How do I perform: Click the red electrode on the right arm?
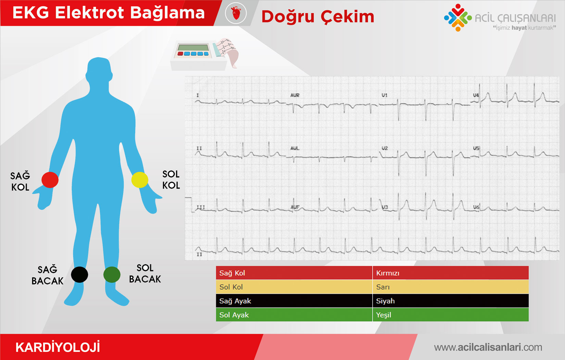tap(50, 180)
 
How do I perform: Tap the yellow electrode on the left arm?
tap(140, 180)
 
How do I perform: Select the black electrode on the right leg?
tap(79, 274)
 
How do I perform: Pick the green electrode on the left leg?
tap(112, 274)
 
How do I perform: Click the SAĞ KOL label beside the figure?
tap(20, 182)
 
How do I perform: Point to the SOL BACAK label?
tap(145, 273)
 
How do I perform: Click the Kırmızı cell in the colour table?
tap(451, 273)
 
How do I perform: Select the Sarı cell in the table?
tap(451, 287)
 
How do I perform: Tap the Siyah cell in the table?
tap(451, 301)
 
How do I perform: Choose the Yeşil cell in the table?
tap(451, 314)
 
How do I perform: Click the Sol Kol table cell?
tap(294, 287)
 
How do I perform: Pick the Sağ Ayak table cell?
tap(294, 301)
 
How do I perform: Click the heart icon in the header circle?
tap(236, 13)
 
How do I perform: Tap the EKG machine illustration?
tap(204, 54)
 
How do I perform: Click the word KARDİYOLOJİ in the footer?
tap(58, 347)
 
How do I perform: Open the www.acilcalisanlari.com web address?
tap(488, 347)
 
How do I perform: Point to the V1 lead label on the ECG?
tap(385, 95)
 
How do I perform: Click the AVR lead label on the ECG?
tap(294, 95)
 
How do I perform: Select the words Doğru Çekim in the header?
tap(318, 17)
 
